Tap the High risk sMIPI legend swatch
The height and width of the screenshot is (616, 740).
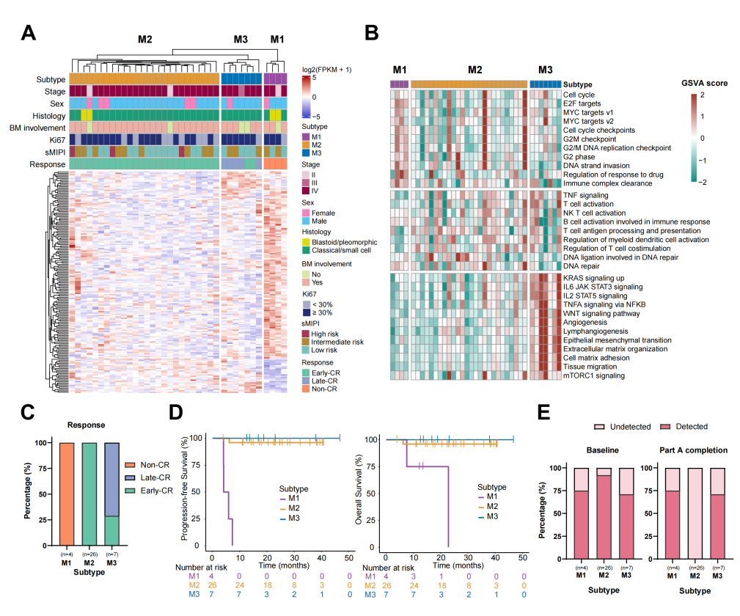click(x=307, y=332)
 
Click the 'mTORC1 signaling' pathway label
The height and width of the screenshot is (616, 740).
click(x=593, y=375)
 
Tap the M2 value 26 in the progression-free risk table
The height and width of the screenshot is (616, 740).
click(x=213, y=586)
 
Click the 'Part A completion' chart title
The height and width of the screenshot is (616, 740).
click(x=685, y=450)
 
